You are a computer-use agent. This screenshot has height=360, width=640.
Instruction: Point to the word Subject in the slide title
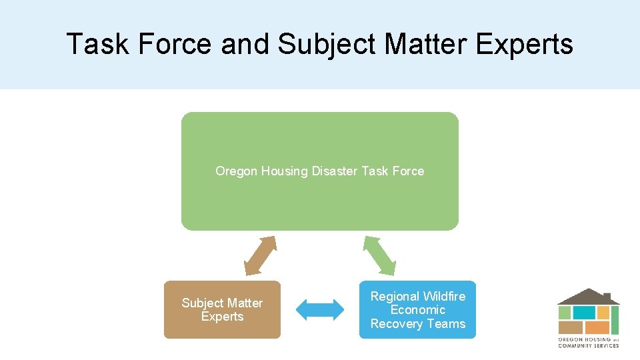click(x=323, y=45)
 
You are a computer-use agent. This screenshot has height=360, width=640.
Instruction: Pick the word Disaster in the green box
click(x=335, y=171)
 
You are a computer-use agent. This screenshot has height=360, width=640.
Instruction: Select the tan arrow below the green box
click(x=260, y=256)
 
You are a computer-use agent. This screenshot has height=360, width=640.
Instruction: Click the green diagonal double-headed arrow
click(x=379, y=256)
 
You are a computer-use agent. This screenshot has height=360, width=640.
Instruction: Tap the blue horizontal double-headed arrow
click(x=319, y=309)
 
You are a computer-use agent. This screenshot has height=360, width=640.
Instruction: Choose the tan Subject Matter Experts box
click(x=222, y=327)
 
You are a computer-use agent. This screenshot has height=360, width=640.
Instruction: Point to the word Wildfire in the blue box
click(x=444, y=296)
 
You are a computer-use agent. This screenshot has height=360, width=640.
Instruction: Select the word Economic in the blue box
click(x=418, y=310)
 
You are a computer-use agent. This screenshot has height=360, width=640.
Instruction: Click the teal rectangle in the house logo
click(x=584, y=313)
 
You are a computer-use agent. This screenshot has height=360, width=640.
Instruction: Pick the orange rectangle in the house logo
click(x=597, y=327)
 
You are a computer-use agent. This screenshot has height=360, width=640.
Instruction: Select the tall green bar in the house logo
click(x=615, y=320)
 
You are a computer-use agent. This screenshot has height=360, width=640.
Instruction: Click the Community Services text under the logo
click(x=588, y=345)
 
